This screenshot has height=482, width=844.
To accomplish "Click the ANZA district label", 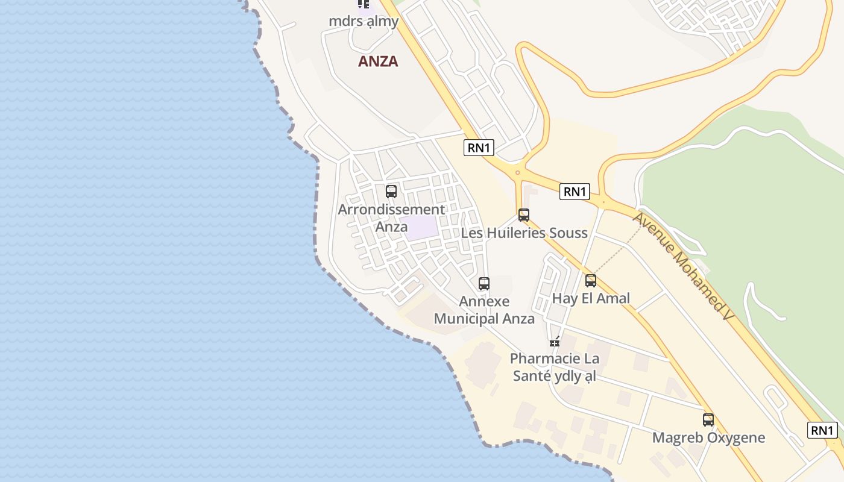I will (x=378, y=61).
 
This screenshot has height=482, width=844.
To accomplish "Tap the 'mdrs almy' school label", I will (x=364, y=21).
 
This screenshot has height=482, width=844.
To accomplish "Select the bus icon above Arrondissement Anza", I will (x=391, y=192).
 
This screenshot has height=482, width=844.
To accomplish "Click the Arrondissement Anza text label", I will (x=391, y=218).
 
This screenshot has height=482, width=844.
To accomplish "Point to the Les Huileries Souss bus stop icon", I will (x=524, y=215).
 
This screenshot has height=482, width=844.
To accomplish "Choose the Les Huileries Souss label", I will (x=524, y=233).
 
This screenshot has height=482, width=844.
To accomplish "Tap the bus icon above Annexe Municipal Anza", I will (x=483, y=284).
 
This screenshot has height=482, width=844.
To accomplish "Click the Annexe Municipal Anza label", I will (x=484, y=310).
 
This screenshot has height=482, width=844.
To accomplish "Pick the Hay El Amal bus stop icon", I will (x=591, y=281).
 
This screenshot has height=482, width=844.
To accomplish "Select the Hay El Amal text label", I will (x=591, y=298).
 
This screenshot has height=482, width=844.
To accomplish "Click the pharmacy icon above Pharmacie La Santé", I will (x=555, y=342).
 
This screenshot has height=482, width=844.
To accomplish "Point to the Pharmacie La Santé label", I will (x=555, y=367).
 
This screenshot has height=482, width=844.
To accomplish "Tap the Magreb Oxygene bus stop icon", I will (x=708, y=420).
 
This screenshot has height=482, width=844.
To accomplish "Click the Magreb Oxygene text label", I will (x=708, y=437).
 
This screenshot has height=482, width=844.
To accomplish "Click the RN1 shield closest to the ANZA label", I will (x=479, y=148).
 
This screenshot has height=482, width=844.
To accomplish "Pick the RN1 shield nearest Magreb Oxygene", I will (x=822, y=430).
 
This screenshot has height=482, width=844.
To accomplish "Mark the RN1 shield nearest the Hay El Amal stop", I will (x=574, y=192).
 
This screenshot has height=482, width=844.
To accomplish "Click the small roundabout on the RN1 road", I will (x=517, y=173).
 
